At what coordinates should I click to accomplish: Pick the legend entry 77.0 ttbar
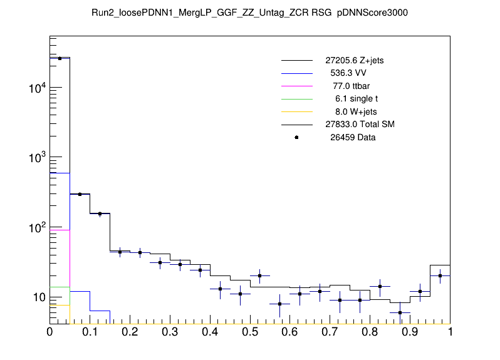(352, 86)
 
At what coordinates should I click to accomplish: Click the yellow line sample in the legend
(296, 111)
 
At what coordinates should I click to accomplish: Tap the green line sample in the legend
(296, 99)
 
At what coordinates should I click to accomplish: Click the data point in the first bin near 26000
(60, 58)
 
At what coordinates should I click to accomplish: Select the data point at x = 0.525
(259, 275)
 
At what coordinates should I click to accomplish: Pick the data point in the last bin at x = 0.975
(440, 275)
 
